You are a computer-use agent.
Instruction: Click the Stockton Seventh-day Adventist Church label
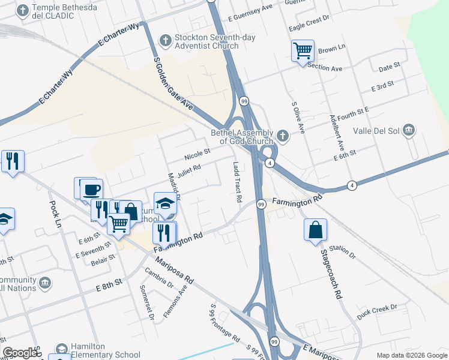click(x=206, y=42)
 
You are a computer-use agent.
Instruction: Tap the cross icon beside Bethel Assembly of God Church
click(x=282, y=137)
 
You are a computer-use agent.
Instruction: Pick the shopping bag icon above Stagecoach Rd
click(x=316, y=230)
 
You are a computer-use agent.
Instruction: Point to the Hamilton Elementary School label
click(x=96, y=350)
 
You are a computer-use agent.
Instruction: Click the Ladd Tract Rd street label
click(x=237, y=181)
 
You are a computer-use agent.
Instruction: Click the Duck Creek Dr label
click(x=377, y=311)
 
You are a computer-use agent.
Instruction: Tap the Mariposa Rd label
click(x=173, y=271)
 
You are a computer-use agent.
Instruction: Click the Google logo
click(x=20, y=353)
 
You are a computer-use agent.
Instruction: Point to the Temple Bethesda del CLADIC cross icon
click(x=23, y=11)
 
